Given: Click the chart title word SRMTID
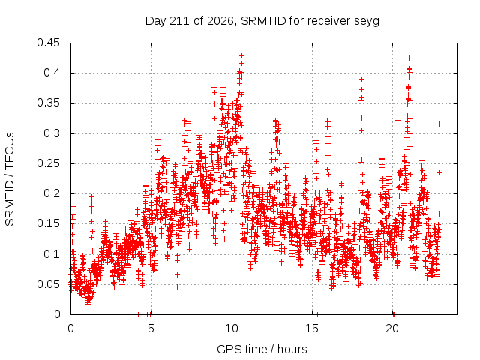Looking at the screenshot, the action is tap(263, 21).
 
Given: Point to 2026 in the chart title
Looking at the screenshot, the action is tap(220, 21).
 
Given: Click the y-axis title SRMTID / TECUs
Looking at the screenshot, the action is tap(10, 179).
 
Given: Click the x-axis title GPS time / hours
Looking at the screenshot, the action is tap(262, 349).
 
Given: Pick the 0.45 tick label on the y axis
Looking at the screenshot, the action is tap(48, 43).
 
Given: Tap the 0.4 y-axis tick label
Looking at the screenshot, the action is tap(52, 73).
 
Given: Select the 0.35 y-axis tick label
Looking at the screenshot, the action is tap(48, 103).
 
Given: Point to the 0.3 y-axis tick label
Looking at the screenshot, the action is tap(52, 133).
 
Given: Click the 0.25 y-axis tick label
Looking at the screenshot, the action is tap(48, 163).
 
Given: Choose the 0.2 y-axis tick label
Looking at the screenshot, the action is tap(52, 193).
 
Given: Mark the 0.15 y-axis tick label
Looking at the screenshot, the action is tap(48, 223).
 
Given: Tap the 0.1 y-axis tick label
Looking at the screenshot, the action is tap(52, 254).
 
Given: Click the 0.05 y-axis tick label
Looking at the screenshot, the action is tap(48, 284).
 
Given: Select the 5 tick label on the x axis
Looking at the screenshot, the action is tap(151, 328).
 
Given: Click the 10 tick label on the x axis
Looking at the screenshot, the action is tap(232, 328).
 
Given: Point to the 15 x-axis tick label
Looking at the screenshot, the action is tap(312, 328).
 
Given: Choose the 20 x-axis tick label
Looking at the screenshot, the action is tap(392, 328).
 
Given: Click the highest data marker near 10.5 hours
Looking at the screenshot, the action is tap(241, 56).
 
